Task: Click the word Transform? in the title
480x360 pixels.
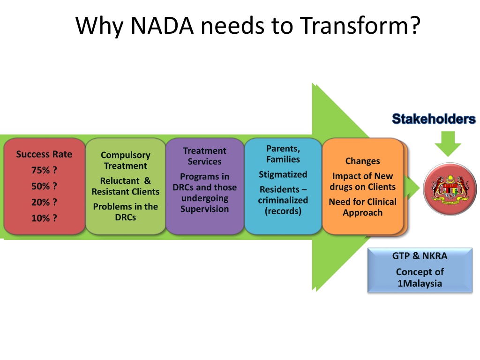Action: (359, 25)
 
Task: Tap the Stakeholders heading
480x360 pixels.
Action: (434, 119)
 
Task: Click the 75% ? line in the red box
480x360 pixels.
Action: (44, 170)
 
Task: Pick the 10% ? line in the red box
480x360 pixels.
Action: (44, 218)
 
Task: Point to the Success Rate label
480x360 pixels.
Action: (44, 154)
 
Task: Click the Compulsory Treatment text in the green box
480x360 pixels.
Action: (126, 160)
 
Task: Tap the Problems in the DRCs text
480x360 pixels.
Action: (126, 212)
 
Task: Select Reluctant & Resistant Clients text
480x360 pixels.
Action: (126, 186)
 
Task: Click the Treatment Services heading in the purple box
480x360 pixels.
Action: (204, 156)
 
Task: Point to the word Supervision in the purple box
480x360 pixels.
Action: (204, 209)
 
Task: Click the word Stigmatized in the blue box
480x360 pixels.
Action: (283, 174)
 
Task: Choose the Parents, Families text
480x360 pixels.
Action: (283, 154)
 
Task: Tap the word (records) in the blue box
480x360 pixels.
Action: (283, 211)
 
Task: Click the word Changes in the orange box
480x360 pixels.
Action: (362, 161)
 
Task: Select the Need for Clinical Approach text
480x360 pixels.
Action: (362, 207)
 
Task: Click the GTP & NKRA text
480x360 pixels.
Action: (420, 256)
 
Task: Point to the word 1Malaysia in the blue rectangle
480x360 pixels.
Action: (420, 284)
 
